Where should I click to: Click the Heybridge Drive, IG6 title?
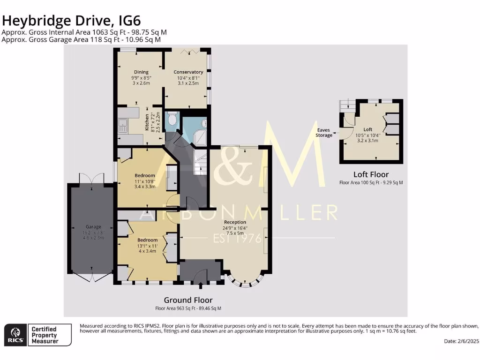71,21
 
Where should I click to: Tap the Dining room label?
141,72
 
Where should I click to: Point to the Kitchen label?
147,122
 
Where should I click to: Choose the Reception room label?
235,222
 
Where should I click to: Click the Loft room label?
368,129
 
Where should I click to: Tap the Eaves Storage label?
324,133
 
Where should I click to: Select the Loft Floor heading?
371,174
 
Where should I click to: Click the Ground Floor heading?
188,300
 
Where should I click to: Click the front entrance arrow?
201,285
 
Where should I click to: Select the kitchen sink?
123,125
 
